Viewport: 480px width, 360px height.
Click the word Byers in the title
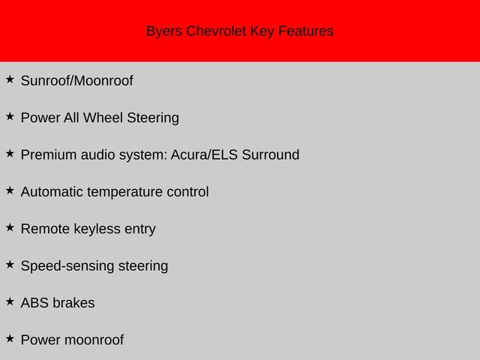(x=164, y=31)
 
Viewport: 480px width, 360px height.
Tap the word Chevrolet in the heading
(x=216, y=31)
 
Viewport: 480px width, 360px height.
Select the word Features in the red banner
(x=306, y=31)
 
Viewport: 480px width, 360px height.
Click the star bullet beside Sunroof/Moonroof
(x=10, y=79)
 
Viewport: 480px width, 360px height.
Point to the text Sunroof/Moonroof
(x=76, y=81)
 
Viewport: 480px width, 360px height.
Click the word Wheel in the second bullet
(x=103, y=118)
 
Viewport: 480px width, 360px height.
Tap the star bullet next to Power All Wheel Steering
(x=10, y=116)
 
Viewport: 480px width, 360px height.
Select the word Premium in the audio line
(x=49, y=154)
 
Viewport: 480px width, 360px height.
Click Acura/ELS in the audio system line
(x=204, y=154)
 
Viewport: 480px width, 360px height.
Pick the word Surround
(x=271, y=154)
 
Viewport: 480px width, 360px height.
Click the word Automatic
(x=52, y=192)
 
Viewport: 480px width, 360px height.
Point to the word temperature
(x=125, y=193)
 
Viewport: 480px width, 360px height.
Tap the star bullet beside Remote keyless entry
(x=10, y=227)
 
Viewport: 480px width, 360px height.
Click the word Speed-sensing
(x=67, y=266)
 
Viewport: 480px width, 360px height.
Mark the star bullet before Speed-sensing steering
(x=10, y=265)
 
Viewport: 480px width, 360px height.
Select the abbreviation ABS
(x=34, y=303)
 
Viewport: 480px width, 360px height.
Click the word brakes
(x=73, y=303)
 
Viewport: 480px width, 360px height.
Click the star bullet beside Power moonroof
(x=10, y=338)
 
